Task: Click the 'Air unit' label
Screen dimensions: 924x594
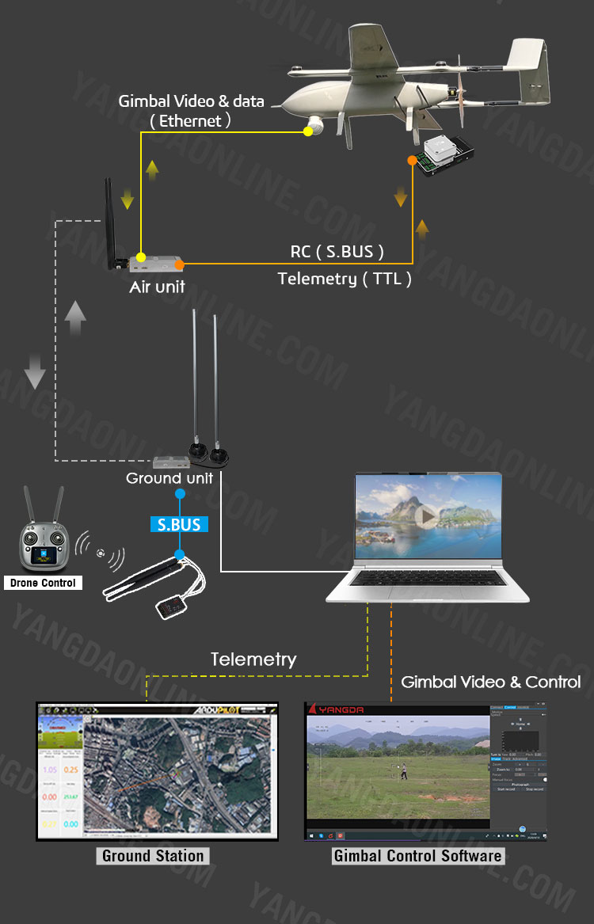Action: click(157, 287)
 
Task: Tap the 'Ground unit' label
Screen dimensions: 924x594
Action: click(169, 478)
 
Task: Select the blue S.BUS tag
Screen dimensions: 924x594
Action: click(179, 524)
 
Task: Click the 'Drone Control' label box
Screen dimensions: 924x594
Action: click(42, 583)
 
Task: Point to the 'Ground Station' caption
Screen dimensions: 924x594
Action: click(153, 855)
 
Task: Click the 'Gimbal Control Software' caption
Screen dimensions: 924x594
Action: click(417, 855)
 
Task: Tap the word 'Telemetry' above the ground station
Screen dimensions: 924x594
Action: click(253, 659)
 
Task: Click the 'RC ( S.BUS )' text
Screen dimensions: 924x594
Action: click(337, 252)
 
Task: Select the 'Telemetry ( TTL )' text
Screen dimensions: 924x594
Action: click(345, 278)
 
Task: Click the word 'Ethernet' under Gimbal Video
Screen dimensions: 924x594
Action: click(190, 121)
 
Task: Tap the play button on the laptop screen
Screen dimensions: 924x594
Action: click(428, 516)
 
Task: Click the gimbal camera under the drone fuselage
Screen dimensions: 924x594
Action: click(316, 124)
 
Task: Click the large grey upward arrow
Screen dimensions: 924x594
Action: click(75, 318)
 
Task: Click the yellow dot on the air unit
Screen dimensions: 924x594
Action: click(140, 257)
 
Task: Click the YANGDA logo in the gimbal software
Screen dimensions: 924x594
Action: click(341, 709)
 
